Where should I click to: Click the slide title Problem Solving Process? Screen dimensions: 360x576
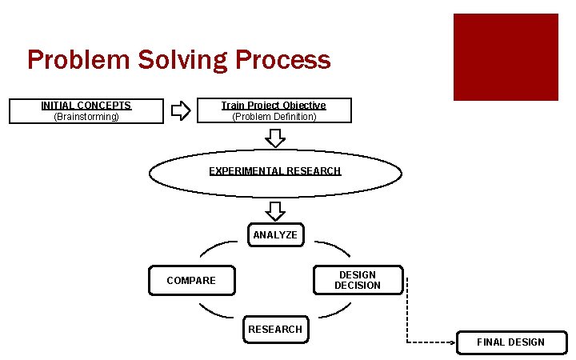pos(178,60)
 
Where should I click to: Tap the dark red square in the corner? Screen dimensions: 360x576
pos(506,57)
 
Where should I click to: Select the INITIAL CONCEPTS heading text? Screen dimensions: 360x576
pos(86,106)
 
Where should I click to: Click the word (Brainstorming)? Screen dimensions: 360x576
pos(86,117)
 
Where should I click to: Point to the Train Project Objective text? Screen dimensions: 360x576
pos(274,106)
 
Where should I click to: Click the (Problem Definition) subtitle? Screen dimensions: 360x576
pos(274,117)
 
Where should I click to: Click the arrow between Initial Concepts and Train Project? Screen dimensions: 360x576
pos(182,110)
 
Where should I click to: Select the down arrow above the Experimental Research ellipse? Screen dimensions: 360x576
pos(275,138)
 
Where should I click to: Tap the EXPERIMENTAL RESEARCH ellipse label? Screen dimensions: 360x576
pos(275,171)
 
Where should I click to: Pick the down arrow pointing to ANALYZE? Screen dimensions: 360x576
pos(275,211)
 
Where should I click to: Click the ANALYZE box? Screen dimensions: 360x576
pos(275,235)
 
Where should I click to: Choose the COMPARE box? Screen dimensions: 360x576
pos(192,281)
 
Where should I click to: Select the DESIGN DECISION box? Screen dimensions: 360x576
pos(358,280)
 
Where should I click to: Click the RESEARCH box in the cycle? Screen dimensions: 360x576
pos(275,330)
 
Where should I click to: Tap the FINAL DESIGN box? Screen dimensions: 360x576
pos(510,342)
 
